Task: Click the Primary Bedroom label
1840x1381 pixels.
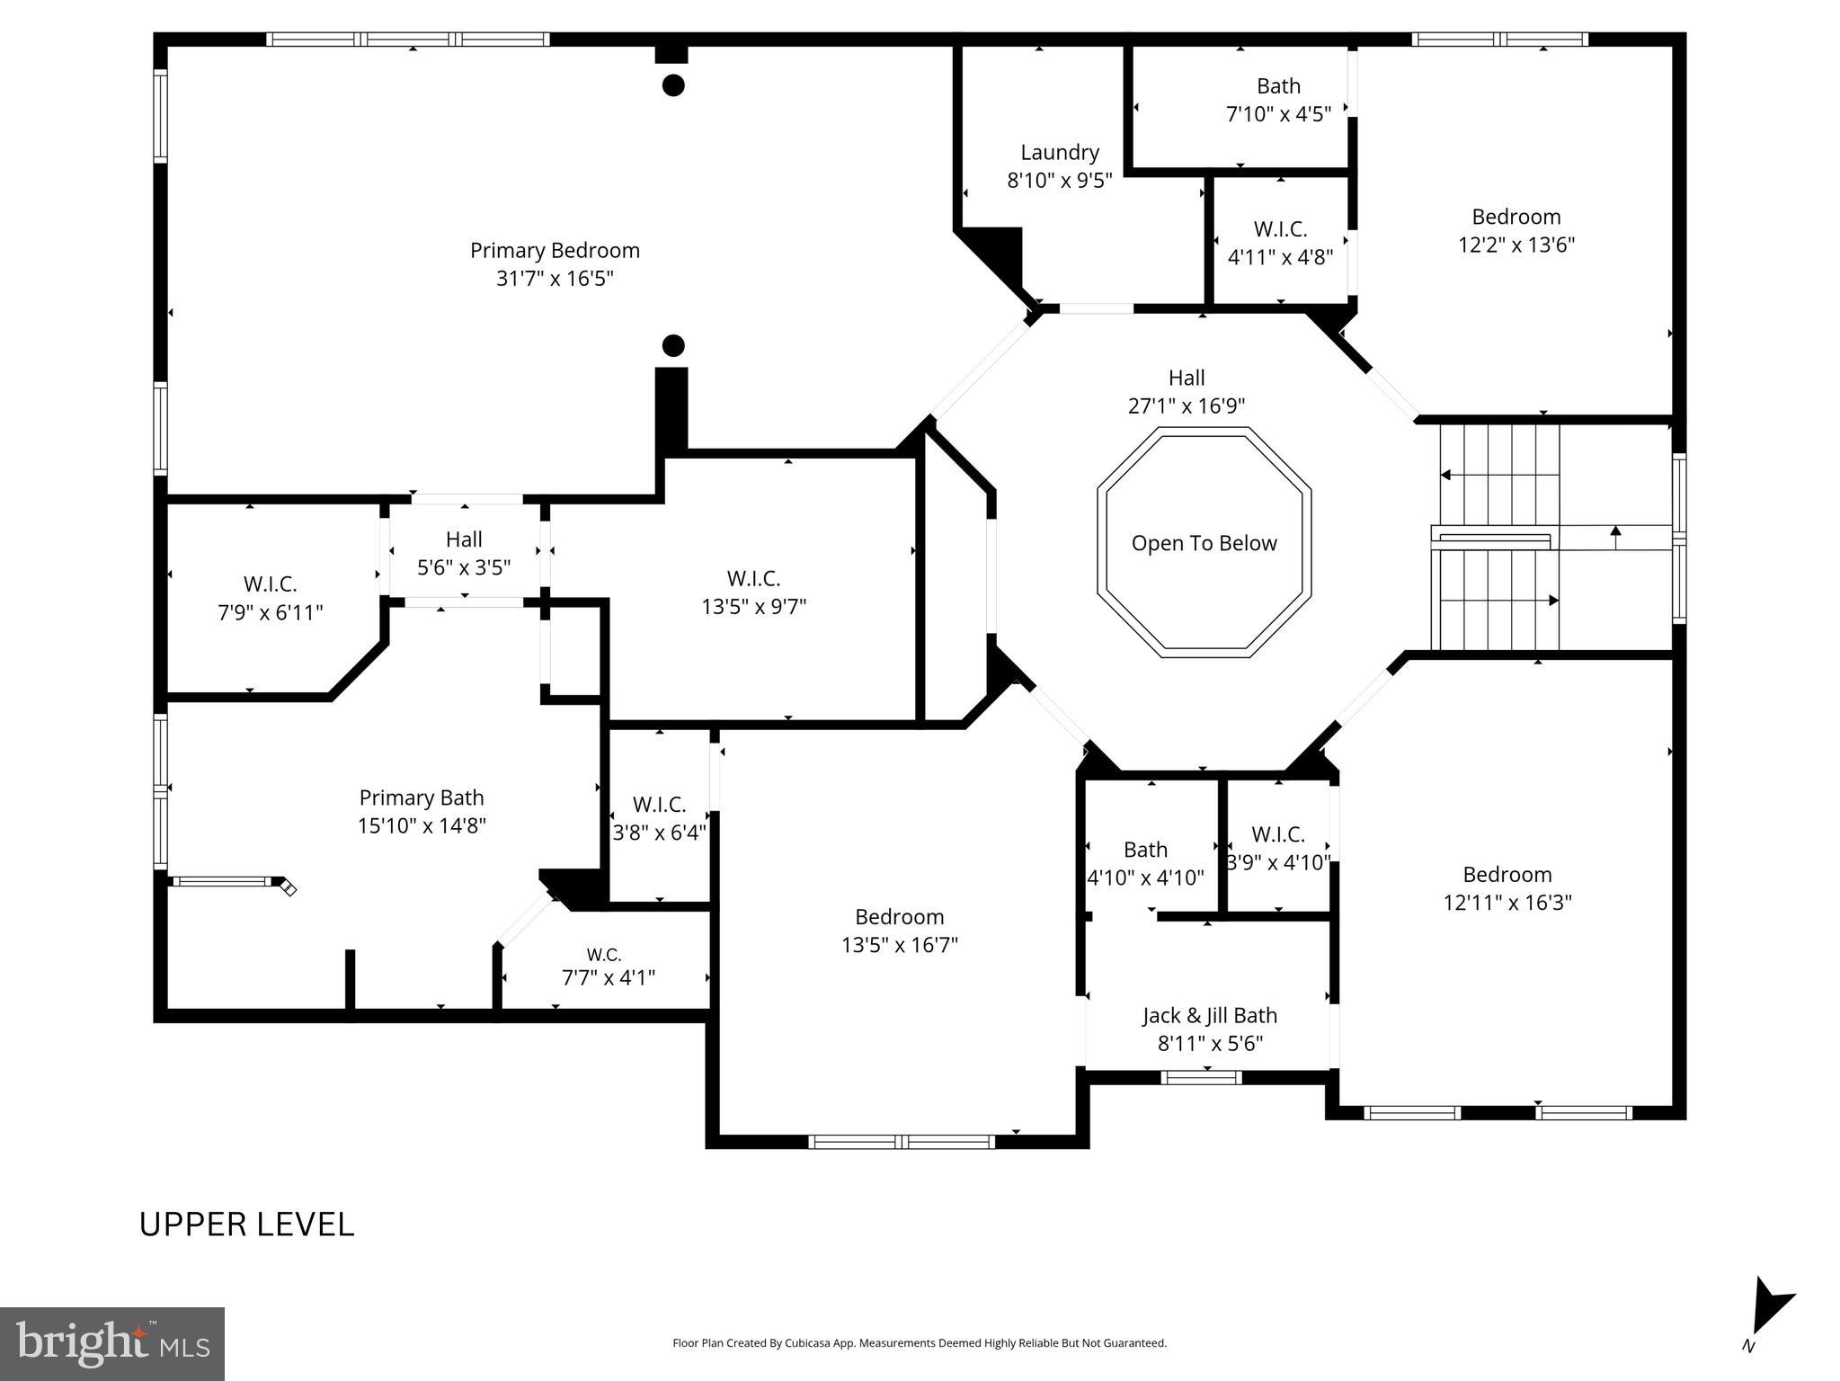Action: coord(555,251)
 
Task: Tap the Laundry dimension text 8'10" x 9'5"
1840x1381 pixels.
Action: coord(1059,181)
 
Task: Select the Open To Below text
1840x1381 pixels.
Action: coord(1204,543)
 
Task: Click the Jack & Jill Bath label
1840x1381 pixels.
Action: coord(1209,1016)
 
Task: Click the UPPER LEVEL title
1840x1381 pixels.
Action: coord(246,1225)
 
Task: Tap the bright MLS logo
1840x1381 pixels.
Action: coord(112,1343)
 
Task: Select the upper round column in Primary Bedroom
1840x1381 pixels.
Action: coord(673,85)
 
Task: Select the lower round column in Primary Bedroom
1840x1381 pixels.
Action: coord(673,345)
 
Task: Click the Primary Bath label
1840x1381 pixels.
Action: coord(422,798)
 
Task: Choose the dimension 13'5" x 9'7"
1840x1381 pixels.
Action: coord(753,607)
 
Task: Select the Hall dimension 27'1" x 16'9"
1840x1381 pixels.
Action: coord(1187,406)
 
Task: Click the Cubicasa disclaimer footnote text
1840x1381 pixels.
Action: coord(919,1343)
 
